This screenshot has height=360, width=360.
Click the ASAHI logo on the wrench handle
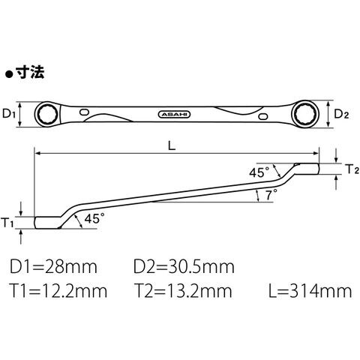click(174, 115)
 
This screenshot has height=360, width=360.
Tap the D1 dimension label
click(9, 114)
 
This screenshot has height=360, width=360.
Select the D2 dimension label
click(341, 114)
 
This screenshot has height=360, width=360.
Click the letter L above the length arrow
click(172, 145)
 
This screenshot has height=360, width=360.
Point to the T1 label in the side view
click(7, 223)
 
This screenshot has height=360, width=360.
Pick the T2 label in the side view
click(352, 169)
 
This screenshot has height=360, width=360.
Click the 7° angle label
click(271, 194)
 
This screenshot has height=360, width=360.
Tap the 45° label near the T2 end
click(259, 172)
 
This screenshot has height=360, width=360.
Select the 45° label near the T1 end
click(94, 219)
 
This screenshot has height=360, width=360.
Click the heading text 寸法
click(30, 73)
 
